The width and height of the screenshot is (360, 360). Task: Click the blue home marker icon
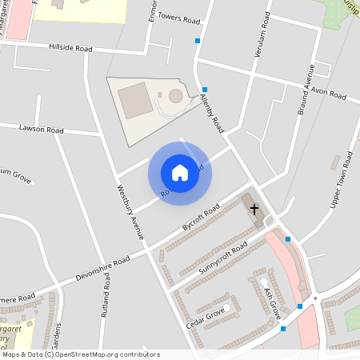[x=179, y=172]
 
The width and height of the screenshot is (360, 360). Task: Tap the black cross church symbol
[x=255, y=210]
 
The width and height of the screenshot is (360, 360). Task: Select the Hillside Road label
[x=70, y=49]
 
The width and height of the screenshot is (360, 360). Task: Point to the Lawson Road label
[x=42, y=129]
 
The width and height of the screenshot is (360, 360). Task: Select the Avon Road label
[x=329, y=94]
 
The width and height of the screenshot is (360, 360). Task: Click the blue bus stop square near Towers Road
[x=198, y=39]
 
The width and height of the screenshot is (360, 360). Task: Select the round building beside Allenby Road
[x=175, y=97]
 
